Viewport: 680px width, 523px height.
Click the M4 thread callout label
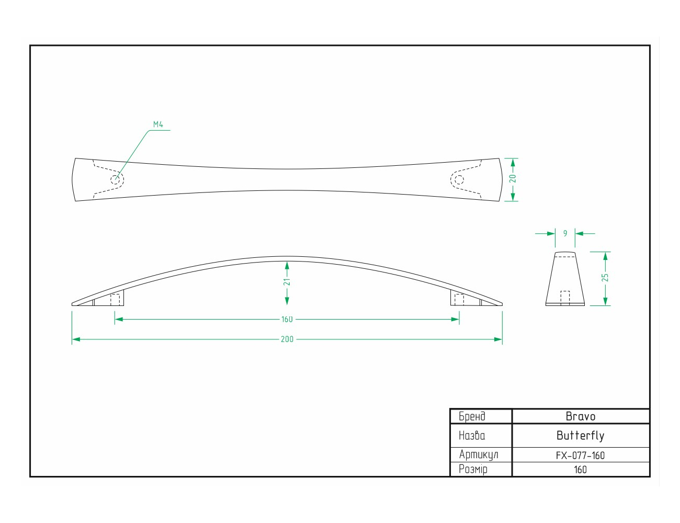pyautogui.click(x=158, y=124)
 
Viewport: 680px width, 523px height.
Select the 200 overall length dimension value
pyautogui.click(x=287, y=339)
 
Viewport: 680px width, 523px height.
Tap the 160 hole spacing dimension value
pyautogui.click(x=287, y=320)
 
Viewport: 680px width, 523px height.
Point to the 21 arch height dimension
pyautogui.click(x=287, y=282)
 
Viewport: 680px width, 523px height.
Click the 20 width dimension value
pyautogui.click(x=512, y=179)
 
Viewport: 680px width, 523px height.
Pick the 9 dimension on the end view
pyautogui.click(x=565, y=233)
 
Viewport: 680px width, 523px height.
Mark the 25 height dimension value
pyautogui.click(x=605, y=278)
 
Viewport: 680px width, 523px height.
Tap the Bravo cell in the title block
pyautogui.click(x=581, y=416)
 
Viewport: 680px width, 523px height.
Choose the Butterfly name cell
pyautogui.click(x=581, y=436)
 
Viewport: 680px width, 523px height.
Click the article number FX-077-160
pyautogui.click(x=581, y=456)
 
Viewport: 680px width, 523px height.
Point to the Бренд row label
pyautogui.click(x=472, y=416)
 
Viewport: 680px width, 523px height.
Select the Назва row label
pyautogui.click(x=472, y=436)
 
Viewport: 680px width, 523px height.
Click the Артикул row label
pyautogui.click(x=479, y=455)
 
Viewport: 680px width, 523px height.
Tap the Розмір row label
pyautogui.click(x=473, y=470)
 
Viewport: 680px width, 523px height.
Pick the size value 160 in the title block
pyautogui.click(x=581, y=470)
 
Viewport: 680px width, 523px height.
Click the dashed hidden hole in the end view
pyautogui.click(x=565, y=298)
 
